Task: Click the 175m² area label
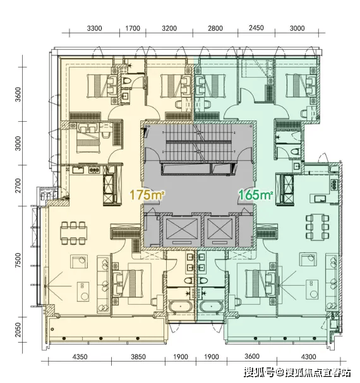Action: pyautogui.click(x=147, y=195)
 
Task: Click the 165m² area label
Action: pyautogui.click(x=255, y=195)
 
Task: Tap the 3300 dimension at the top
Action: pyautogui.click(x=94, y=28)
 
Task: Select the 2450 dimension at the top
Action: pyautogui.click(x=256, y=28)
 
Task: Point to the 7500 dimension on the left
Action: pyautogui.click(x=18, y=261)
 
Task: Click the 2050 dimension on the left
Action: pyautogui.click(x=18, y=329)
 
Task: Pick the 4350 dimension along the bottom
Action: pyautogui.click(x=80, y=357)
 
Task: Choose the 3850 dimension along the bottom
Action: pyautogui.click(x=138, y=357)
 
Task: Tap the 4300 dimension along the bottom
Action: pyautogui.click(x=309, y=357)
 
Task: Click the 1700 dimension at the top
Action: pyautogui.click(x=133, y=28)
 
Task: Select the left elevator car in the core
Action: pyautogui.click(x=182, y=231)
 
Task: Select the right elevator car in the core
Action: pyautogui.click(x=220, y=231)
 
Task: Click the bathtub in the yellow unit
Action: pyautogui.click(x=181, y=307)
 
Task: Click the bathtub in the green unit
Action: pyautogui.click(x=212, y=307)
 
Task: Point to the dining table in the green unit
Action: pyautogui.click(x=317, y=227)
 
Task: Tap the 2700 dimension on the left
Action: pyautogui.click(x=18, y=186)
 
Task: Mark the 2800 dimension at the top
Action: pyautogui.click(x=215, y=28)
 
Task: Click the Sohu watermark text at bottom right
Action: pyautogui.click(x=297, y=372)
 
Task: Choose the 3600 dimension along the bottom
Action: pyautogui.click(x=252, y=356)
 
